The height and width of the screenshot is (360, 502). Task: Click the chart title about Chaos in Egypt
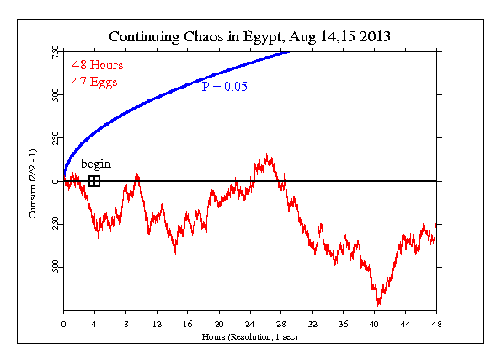coord(249,37)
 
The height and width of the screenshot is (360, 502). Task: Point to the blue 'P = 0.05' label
coord(224,87)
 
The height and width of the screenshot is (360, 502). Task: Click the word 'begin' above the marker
coord(95,164)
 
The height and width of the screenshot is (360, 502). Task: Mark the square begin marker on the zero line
coord(94,181)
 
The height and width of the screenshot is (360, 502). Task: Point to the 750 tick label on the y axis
coord(53,52)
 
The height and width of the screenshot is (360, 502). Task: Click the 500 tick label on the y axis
coord(53,95)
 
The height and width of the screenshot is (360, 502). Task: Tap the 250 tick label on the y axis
coord(53,138)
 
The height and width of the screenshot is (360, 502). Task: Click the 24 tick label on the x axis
coord(250,324)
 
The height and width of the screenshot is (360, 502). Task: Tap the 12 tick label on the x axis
coord(157,324)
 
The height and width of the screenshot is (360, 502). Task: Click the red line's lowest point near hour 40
coord(379,304)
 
